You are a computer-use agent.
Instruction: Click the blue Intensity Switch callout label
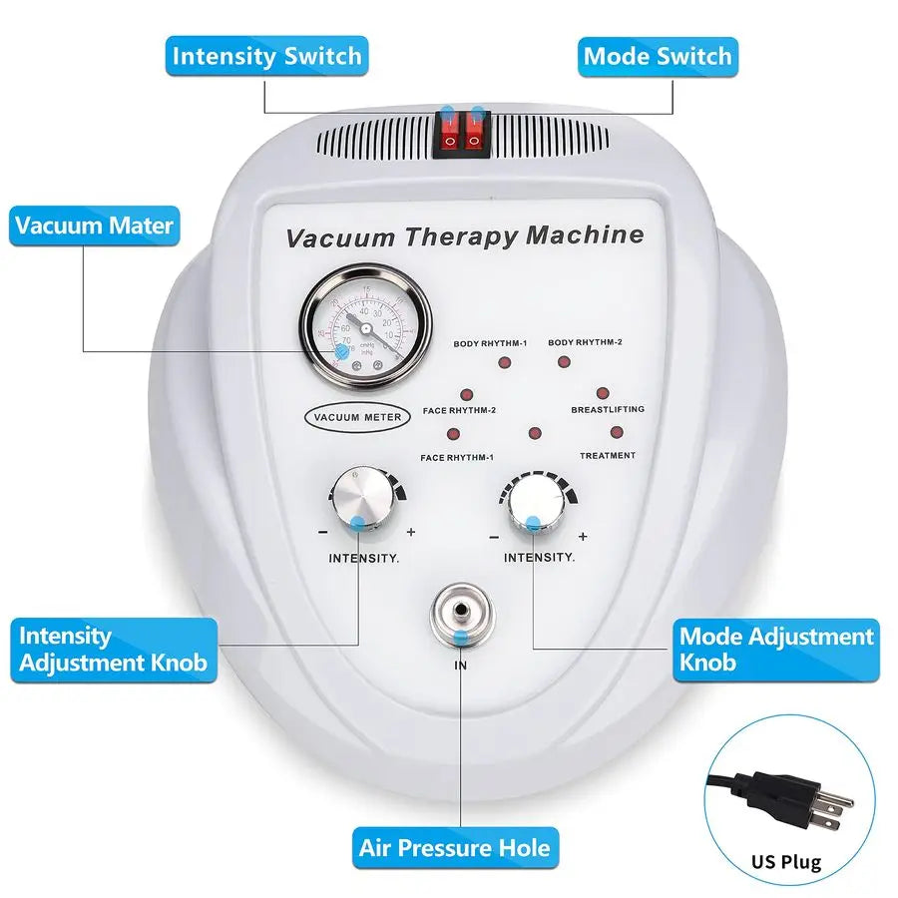(x=266, y=56)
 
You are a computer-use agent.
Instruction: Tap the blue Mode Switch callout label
(x=658, y=56)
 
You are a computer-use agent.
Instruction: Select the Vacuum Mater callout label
(x=94, y=225)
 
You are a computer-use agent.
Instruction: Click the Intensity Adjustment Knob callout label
(x=114, y=649)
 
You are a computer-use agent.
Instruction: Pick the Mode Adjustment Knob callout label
(x=776, y=649)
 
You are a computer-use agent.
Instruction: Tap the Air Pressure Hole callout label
(x=455, y=848)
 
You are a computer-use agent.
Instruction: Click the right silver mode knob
(x=535, y=502)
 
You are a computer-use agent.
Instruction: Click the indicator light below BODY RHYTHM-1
(x=505, y=362)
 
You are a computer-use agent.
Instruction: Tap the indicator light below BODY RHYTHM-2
(x=565, y=362)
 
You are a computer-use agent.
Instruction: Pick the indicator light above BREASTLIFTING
(x=604, y=394)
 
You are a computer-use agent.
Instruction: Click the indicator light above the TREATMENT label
(x=617, y=433)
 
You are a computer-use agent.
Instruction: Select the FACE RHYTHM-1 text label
(x=457, y=457)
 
